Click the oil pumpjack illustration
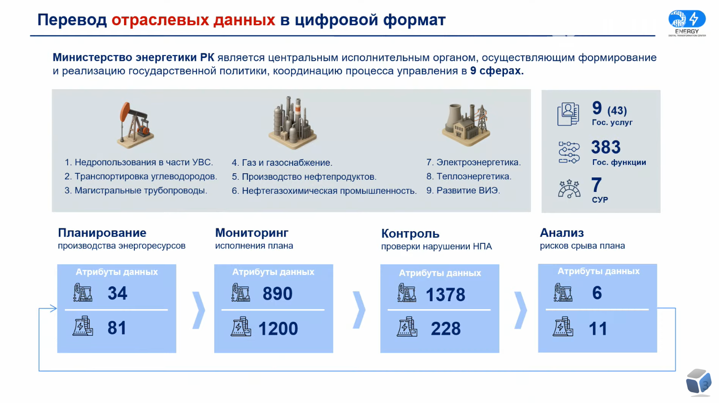pos(135,125)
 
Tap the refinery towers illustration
pos(293,123)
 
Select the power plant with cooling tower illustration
pos(466,124)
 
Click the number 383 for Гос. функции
pos(606,147)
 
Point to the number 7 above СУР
pos(596,185)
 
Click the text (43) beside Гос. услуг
pos(617,111)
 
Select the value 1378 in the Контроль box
pos(445,295)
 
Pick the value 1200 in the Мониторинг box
pos(278,329)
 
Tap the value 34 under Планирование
pos(118,293)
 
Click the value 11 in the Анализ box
pos(598,329)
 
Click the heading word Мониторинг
pos(251,233)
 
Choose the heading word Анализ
pos(562,233)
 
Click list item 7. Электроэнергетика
pos(474,163)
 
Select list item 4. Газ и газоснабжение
pos(282,163)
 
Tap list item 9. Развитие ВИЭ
pos(463,191)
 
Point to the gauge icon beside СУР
pos(569,189)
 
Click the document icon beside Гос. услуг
pos(568,114)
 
